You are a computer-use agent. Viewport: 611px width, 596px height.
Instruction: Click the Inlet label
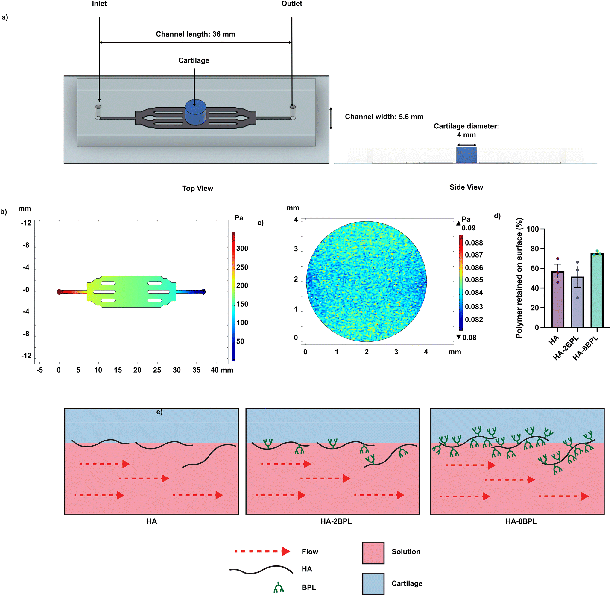99,4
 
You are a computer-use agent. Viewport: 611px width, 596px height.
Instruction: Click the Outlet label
291,4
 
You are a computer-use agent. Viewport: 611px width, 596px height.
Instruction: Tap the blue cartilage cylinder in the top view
195,112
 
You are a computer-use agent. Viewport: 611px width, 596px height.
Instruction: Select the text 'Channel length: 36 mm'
195,34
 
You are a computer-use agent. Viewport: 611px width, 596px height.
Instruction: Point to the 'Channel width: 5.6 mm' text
384,117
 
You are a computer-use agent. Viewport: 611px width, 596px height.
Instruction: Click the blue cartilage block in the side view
466,155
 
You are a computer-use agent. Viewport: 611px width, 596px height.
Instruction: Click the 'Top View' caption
197,188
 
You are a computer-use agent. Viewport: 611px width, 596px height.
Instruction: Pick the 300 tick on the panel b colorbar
242,249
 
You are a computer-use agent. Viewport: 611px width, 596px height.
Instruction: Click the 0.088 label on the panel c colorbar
474,243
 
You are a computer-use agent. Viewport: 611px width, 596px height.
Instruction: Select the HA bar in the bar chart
557,299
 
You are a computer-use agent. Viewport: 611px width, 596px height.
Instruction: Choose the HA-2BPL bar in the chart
577,302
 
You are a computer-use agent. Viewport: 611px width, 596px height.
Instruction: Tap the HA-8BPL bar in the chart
597,291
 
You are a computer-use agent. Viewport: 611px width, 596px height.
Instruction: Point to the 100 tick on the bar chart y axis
533,229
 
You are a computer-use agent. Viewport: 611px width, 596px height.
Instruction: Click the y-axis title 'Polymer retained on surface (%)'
519,278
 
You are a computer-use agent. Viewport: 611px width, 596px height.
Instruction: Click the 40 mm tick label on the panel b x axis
222,370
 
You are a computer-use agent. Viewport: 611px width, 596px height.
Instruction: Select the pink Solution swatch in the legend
373,553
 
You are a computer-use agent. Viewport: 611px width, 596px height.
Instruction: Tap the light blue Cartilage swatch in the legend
373,584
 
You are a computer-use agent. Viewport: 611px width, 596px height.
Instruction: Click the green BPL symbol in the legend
278,587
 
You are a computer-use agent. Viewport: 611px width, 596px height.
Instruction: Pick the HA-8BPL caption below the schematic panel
521,521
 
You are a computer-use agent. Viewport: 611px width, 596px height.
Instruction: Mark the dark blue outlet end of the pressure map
203,292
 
